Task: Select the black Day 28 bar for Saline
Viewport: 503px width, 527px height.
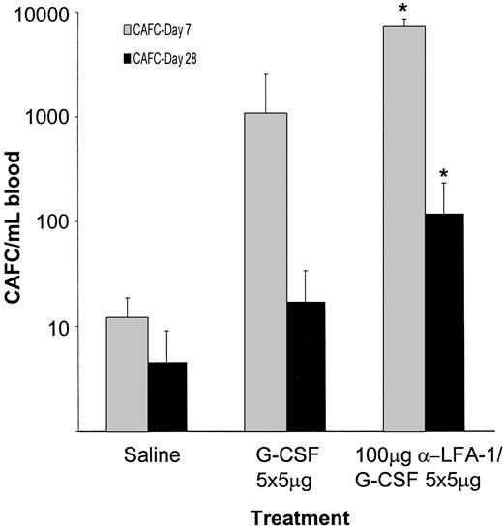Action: (167, 396)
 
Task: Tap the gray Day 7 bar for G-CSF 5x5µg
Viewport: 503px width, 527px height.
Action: (266, 272)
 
